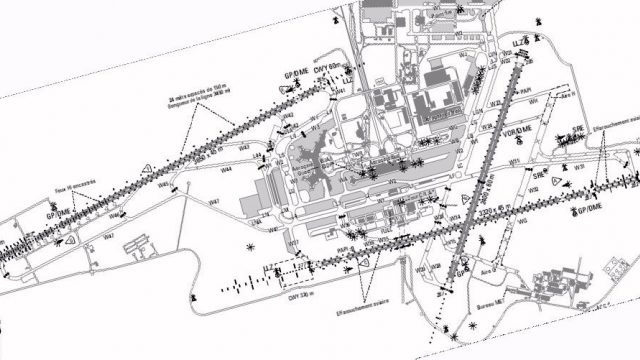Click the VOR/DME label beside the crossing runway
point(522,131)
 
